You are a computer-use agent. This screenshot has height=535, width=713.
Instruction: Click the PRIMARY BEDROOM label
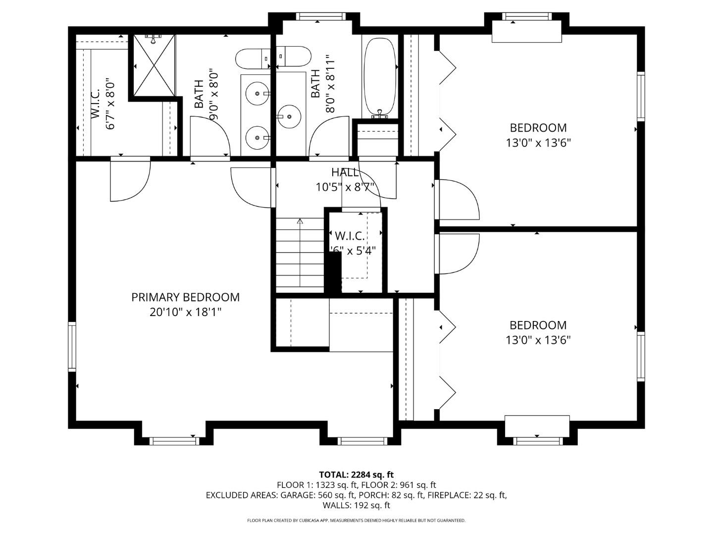coord(186,297)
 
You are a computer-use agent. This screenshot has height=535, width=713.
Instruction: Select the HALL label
coord(345,172)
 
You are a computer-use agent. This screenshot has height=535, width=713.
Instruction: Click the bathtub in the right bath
coord(380,76)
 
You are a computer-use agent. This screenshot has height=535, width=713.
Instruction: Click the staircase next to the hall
coord(300,254)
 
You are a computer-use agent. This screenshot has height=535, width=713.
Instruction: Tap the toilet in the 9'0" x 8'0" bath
coord(252,59)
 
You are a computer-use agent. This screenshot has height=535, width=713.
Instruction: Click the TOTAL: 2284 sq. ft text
coord(356,475)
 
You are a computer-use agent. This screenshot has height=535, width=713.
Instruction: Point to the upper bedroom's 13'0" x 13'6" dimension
coord(538,143)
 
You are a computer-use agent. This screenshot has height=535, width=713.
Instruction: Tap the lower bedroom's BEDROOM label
coord(538,325)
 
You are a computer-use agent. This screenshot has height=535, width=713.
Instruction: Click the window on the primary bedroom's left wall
coord(72,346)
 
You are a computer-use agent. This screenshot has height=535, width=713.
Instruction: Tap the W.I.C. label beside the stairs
coord(350,236)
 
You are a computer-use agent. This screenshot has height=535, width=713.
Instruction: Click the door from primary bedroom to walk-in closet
coord(130,179)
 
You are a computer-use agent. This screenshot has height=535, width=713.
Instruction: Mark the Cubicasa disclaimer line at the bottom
coord(356,520)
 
